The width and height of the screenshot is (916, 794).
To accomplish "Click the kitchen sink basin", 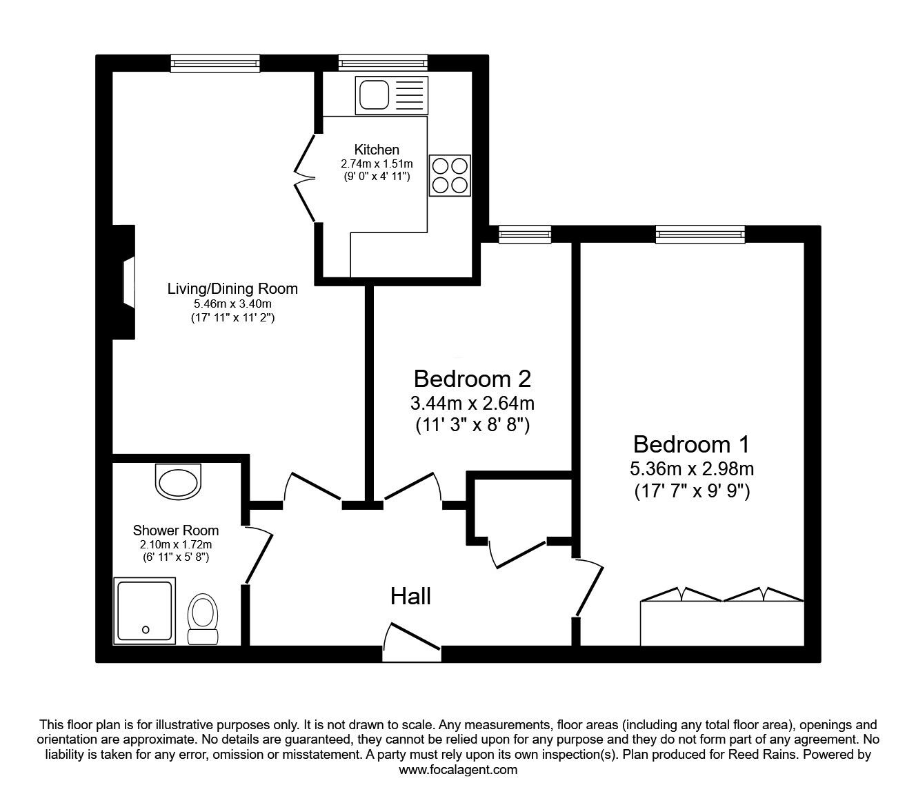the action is tap(374, 95).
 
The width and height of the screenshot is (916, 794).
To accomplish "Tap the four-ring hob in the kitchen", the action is tap(449, 175).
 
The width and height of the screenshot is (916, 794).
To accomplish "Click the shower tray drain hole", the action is tap(146, 630).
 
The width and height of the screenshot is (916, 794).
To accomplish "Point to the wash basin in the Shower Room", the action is tap(179, 482).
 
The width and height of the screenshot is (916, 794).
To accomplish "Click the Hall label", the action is tap(410, 596).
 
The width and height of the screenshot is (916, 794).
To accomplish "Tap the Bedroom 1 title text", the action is tap(691, 444).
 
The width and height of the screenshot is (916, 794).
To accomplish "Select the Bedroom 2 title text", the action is tap(472, 379).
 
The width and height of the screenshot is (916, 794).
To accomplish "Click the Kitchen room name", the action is tap(377, 150).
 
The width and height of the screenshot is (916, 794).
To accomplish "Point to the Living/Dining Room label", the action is tap(232, 288).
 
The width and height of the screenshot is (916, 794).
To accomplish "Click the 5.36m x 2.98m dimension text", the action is tap(692, 468).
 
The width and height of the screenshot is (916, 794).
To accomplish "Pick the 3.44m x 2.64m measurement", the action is tap(472, 403).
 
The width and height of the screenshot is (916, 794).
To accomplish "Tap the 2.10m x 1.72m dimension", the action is tap(176, 544).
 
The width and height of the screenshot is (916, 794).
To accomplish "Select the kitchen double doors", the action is tap(305, 177).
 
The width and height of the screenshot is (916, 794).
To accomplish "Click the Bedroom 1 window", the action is tap(700, 234).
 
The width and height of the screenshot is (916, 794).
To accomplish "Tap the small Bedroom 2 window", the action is tap(525, 234).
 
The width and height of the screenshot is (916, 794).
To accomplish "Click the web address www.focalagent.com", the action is tap(458, 770).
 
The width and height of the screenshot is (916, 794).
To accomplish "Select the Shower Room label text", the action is tap(176, 530).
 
